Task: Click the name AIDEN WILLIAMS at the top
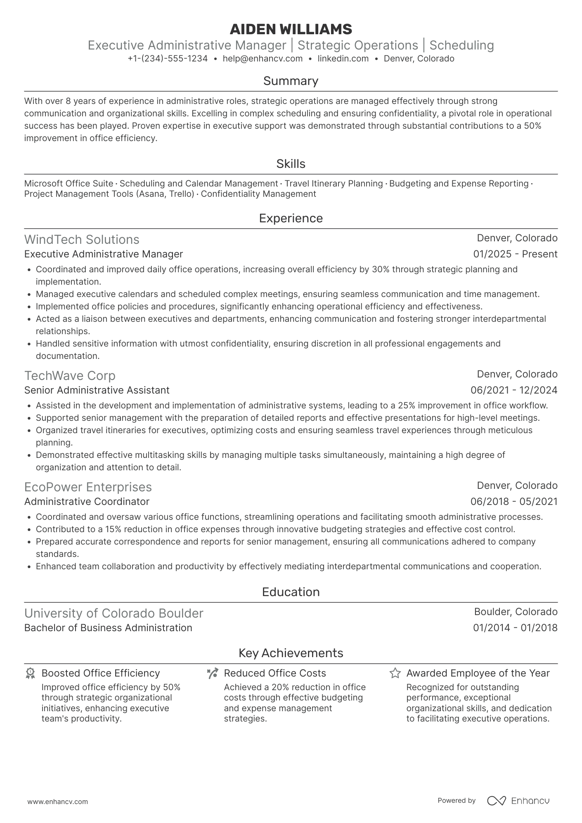pyautogui.click(x=291, y=29)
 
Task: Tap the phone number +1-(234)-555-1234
pyautogui.click(x=168, y=59)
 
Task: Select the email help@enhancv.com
pyautogui.click(x=263, y=59)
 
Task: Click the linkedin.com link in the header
pyautogui.click(x=343, y=59)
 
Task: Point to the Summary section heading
pyautogui.click(x=291, y=81)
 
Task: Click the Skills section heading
pyautogui.click(x=291, y=164)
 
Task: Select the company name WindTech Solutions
pyautogui.click(x=82, y=240)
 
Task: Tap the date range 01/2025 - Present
pyautogui.click(x=515, y=254)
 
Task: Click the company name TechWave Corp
pyautogui.click(x=70, y=376)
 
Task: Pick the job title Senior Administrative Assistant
pyautogui.click(x=97, y=390)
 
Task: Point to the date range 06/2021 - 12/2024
pyautogui.click(x=514, y=390)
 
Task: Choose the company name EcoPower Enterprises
pyautogui.click(x=88, y=487)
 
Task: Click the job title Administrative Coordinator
pyautogui.click(x=87, y=502)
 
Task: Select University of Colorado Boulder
pyautogui.click(x=114, y=613)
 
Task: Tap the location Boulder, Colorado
pyautogui.click(x=516, y=612)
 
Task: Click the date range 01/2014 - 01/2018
pyautogui.click(x=515, y=628)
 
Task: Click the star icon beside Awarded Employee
pyautogui.click(x=395, y=674)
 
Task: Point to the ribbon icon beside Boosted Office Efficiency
pyautogui.click(x=30, y=674)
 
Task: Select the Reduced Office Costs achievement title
pyautogui.click(x=275, y=673)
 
